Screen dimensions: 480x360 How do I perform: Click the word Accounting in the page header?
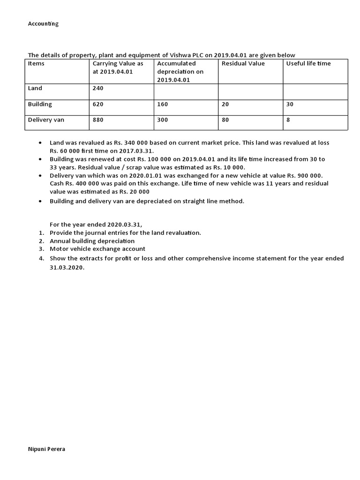click(43, 24)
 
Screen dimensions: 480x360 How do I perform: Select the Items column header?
click(36, 64)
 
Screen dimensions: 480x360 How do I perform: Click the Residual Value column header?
click(243, 64)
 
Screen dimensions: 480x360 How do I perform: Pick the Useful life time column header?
click(308, 64)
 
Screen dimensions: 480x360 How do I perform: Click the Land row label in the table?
click(35, 88)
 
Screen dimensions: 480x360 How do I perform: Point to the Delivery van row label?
click(46, 120)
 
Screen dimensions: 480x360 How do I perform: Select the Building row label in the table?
click(40, 104)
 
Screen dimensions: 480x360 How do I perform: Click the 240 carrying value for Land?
click(97, 88)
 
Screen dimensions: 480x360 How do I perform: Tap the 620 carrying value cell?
click(97, 104)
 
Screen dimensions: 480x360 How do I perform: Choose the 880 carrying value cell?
click(97, 120)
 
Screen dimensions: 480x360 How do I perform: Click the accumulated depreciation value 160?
click(162, 104)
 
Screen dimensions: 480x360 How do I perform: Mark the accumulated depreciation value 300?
click(162, 120)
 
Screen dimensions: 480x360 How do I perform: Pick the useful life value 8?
click(288, 120)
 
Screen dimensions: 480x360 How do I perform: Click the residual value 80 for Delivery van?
click(225, 120)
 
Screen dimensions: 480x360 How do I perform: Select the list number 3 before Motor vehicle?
click(41, 249)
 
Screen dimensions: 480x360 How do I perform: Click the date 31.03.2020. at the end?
click(67, 266)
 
